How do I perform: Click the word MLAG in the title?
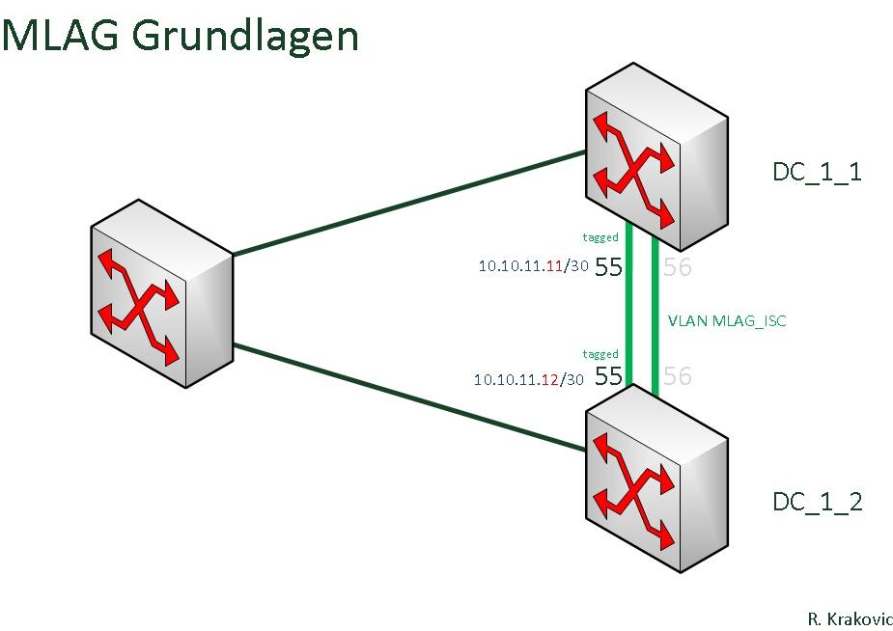pos(61,36)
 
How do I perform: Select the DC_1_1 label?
pos(817,172)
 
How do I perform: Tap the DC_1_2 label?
pos(818,502)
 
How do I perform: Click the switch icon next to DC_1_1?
pos(656,156)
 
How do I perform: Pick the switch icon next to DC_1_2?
pos(656,479)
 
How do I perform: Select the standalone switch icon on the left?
pos(162,293)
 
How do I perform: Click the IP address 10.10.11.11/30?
pos(533,265)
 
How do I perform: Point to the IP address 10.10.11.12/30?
pos(528,379)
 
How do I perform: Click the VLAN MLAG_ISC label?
pos(727,321)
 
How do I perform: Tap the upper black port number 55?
pos(608,267)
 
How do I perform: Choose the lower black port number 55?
pos(608,376)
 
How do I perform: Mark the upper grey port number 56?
pos(678,267)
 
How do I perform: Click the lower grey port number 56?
pos(678,376)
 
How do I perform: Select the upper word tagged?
pos(600,237)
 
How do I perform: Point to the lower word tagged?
pos(600,354)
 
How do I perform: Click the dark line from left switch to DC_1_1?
pos(409,204)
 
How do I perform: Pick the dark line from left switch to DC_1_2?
pos(409,398)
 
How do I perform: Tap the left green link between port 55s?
pos(629,305)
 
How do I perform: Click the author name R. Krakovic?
pos(850,618)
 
